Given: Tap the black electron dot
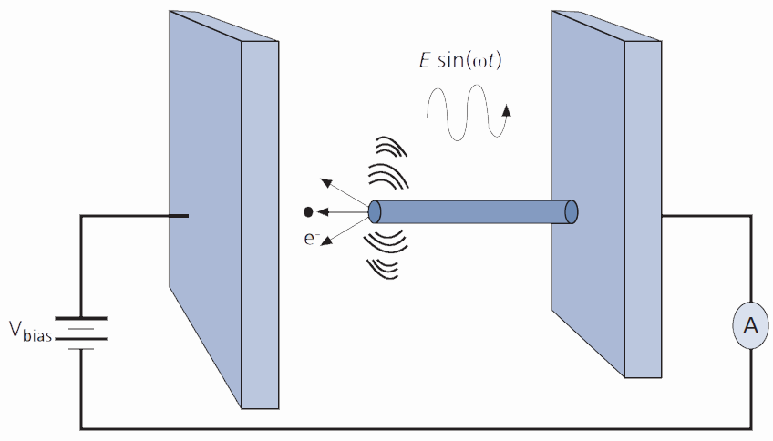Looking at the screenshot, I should pyautogui.click(x=308, y=212).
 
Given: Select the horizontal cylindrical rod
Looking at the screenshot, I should pyautogui.click(x=474, y=211).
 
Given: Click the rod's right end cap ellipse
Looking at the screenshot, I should pyautogui.click(x=572, y=211).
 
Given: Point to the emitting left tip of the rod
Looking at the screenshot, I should pyautogui.click(x=375, y=212).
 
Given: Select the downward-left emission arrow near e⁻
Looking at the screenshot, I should pyautogui.click(x=343, y=233).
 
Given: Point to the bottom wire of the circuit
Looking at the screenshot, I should pyautogui.click(x=410, y=427).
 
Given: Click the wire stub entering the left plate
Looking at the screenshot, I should pyautogui.click(x=179, y=216).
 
